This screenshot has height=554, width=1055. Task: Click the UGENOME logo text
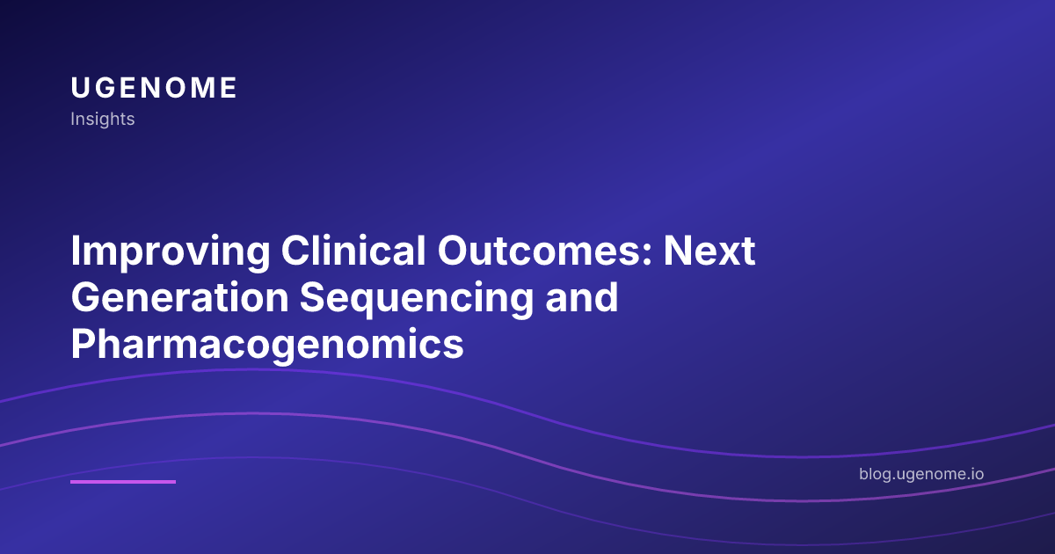click(154, 88)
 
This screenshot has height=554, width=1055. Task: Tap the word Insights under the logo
click(103, 119)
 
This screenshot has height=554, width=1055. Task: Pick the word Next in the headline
click(709, 253)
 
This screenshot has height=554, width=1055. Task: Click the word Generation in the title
click(179, 299)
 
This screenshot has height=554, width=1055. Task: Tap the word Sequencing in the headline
click(416, 299)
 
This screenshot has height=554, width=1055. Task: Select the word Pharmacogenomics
click(267, 345)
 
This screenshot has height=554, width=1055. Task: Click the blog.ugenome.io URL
click(921, 474)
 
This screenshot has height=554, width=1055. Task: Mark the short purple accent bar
click(123, 481)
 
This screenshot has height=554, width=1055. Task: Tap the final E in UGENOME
click(229, 88)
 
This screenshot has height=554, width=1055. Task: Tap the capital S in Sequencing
click(313, 299)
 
